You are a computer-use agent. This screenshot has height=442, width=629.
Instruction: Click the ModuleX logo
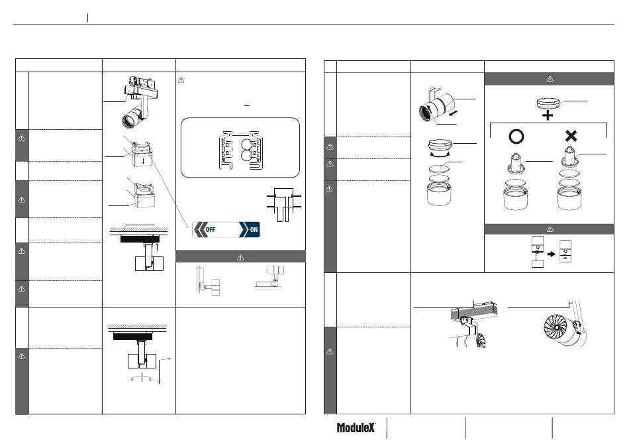point(356,427)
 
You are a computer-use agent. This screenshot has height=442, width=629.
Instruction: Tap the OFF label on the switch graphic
point(210,230)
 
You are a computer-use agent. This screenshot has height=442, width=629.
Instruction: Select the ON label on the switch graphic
point(254,230)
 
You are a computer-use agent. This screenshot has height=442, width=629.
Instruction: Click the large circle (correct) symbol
point(516,137)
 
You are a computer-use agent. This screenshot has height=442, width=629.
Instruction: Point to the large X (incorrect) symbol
point(571,136)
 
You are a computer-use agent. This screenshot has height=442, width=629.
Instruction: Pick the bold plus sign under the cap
point(548,115)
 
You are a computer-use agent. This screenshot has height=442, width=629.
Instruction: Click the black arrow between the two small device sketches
point(552,254)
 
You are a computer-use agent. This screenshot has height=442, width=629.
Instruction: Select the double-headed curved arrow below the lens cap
point(440,154)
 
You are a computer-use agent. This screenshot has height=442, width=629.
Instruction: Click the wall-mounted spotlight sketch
point(209,280)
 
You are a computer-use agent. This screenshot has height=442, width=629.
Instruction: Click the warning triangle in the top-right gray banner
point(550,79)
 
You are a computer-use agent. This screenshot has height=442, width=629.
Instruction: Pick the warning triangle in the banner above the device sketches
point(550,229)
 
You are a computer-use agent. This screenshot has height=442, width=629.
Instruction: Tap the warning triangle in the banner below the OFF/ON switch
point(240,257)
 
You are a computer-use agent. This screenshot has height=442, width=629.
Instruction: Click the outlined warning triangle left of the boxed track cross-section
point(181,80)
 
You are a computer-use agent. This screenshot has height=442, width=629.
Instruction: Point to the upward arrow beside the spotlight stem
point(157,247)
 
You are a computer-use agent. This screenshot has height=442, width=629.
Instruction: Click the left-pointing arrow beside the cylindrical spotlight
point(453,114)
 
